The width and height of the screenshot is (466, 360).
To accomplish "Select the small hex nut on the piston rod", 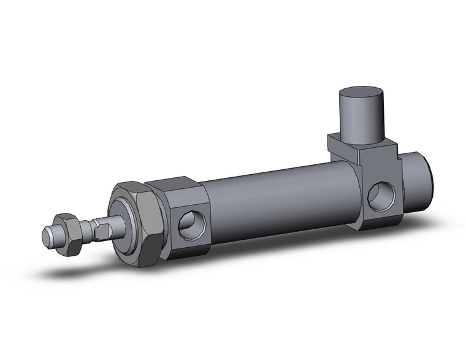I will [x=66, y=233].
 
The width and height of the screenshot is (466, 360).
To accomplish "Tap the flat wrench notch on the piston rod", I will [x=103, y=231].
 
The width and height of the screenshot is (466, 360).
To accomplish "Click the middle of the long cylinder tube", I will [x=276, y=196].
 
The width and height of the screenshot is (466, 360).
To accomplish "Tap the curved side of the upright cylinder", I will [x=361, y=120].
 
